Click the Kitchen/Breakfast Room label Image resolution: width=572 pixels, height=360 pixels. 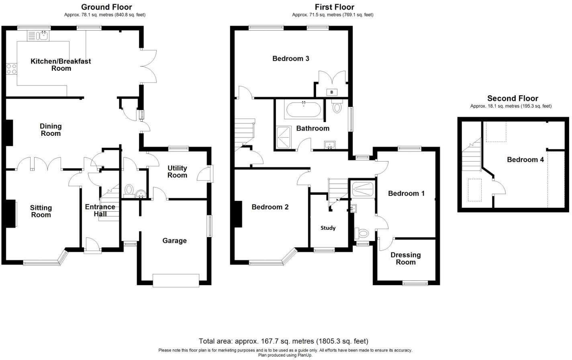61,65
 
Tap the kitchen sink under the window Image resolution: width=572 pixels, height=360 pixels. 38,36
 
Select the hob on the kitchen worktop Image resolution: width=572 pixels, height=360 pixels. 11,69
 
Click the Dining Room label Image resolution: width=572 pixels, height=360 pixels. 51,130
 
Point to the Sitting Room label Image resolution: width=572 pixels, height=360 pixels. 41,211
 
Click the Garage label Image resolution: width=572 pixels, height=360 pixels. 174,241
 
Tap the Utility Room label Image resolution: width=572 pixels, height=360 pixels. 177,172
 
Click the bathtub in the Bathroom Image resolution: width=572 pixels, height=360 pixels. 303,109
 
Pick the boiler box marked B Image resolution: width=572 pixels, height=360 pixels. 332,92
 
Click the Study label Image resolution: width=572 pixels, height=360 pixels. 328,228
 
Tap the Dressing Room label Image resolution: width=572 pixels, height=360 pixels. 405,258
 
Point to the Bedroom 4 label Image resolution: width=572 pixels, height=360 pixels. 525,160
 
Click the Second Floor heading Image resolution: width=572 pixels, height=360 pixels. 513,98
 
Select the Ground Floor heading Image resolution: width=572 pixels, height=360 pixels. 106,7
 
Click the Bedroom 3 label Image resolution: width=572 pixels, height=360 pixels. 290,59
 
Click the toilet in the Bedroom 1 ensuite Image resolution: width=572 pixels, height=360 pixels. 362,233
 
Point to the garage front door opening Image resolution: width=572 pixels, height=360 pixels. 176,280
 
